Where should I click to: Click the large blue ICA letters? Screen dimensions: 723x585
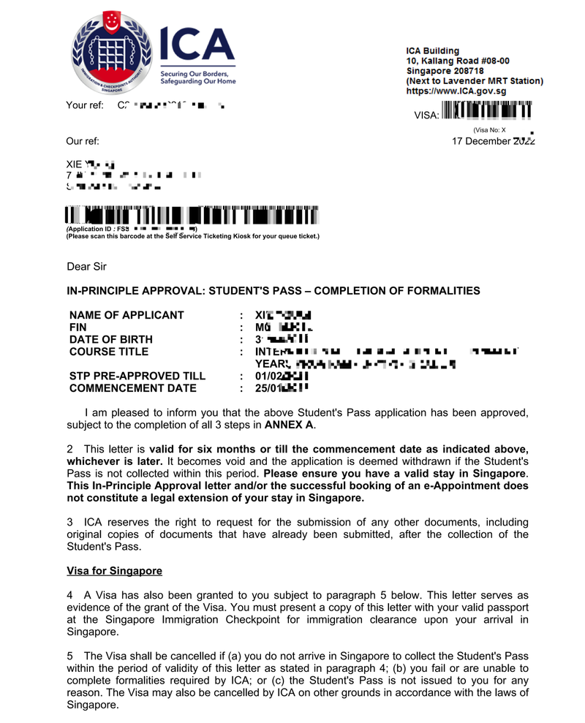tap(193, 46)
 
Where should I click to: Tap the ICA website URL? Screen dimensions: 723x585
tap(456, 91)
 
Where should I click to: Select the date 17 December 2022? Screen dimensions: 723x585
tap(494, 141)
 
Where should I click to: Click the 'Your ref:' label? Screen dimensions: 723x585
tap(85, 105)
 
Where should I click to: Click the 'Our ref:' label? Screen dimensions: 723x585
tap(83, 141)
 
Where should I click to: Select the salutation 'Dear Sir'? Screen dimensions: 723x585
tap(86, 267)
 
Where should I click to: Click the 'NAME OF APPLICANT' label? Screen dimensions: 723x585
tap(127, 315)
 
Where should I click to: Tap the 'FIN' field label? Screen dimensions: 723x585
tap(78, 328)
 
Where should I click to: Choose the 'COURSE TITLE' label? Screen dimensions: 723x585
tap(108, 352)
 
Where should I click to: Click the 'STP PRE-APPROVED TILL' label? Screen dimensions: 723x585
tap(137, 376)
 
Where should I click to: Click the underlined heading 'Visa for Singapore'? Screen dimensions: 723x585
tap(114, 570)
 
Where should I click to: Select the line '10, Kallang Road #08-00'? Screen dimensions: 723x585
tap(458, 61)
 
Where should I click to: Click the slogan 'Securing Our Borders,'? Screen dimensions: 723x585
tap(194, 75)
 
